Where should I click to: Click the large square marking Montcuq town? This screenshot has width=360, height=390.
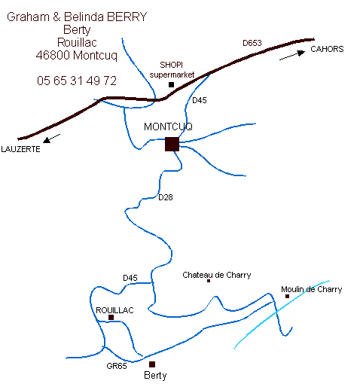coord(172,144)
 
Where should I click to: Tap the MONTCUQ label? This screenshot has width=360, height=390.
coord(168,126)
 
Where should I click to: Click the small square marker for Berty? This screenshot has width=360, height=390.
coord(152,364)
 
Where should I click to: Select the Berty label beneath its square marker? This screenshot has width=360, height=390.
coord(155,376)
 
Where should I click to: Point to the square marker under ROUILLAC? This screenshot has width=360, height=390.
coord(111,318)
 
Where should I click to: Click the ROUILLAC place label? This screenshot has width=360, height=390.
coord(114,310)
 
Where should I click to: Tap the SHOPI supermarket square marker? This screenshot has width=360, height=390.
coord(171,84)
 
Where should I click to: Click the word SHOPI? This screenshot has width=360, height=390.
coord(172,65)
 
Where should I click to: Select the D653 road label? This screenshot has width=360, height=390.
coord(252,43)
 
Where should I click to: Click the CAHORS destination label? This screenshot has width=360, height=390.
coord(327,49)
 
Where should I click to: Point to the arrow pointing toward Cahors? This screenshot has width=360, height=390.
coord(292,56)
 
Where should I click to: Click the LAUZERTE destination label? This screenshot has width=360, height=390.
coord(20,149)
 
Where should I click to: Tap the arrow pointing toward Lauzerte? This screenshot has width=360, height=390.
coord(51,139)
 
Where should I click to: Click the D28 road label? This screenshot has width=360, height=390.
coord(166,197)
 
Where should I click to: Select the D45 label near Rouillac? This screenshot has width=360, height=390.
coord(130,278)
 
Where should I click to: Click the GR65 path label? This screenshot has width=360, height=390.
coord(117,366)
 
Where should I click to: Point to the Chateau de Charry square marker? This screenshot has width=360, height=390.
coord(209,281)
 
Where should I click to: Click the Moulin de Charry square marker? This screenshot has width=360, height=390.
coord(287,296)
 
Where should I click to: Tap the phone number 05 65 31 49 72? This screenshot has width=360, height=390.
coord(77,81)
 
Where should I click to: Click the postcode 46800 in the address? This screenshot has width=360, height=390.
coord(53,55)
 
